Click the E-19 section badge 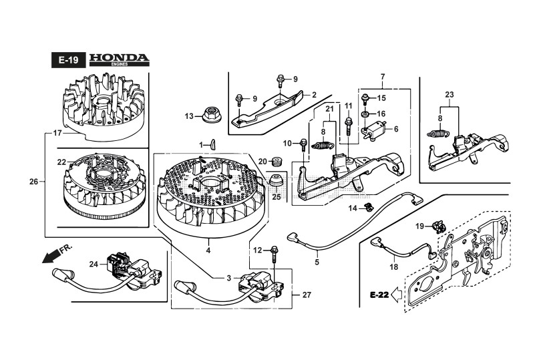pyautogui.click(x=67, y=60)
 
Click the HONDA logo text pyautogui.click(x=119, y=59)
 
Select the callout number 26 pyautogui.click(x=34, y=181)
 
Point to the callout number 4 pyautogui.click(x=208, y=250)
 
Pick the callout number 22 pyautogui.click(x=61, y=162)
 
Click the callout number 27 pyautogui.click(x=307, y=295)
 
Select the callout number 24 pyautogui.click(x=93, y=264)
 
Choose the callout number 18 pyautogui.click(x=393, y=266)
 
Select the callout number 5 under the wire pyautogui.click(x=317, y=262)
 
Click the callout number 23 pyautogui.click(x=449, y=94)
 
